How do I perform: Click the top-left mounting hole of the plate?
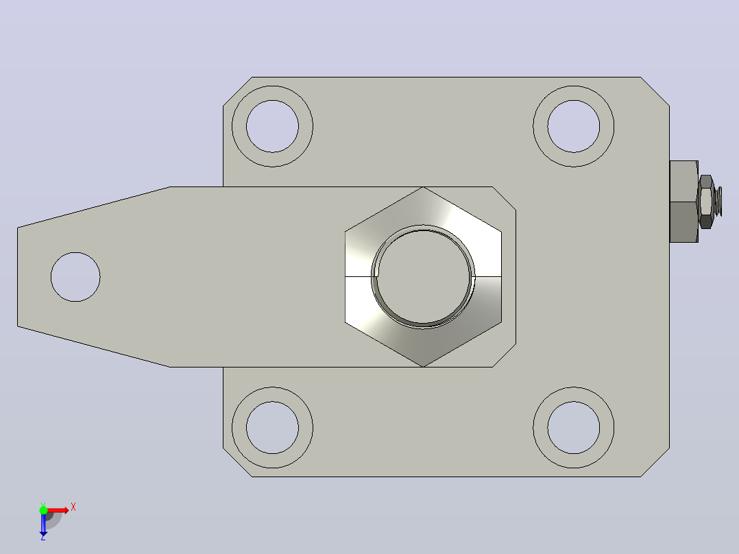pos(272,126)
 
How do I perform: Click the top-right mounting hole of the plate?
pos(574,126)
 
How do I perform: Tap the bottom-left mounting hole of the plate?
pos(272,428)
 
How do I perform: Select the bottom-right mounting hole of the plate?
pos(574,428)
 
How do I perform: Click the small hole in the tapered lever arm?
pos(75,277)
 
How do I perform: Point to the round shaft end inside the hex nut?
pos(423,277)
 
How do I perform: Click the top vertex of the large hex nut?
pos(423,187)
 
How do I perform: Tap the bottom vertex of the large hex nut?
pos(423,366)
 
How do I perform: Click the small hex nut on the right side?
pos(706,202)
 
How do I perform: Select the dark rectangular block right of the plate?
pos(684,202)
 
